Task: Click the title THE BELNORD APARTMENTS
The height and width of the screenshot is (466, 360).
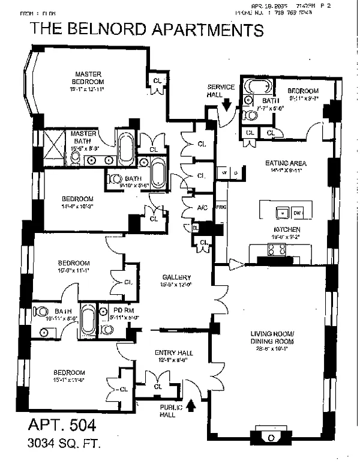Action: point(146,29)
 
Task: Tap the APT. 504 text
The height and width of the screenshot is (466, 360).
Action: point(62,425)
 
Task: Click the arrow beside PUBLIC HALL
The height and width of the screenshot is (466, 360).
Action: point(192,405)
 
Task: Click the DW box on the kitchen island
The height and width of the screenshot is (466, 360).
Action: point(298,213)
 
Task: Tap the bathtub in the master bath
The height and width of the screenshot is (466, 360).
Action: point(127,150)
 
